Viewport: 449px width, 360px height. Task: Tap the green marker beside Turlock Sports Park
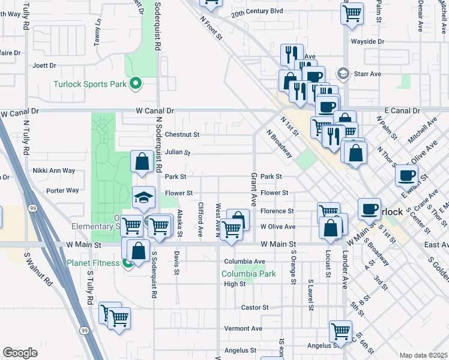click(136, 84)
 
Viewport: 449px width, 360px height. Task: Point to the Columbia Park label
click(249, 274)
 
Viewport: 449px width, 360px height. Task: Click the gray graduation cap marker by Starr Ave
click(343, 74)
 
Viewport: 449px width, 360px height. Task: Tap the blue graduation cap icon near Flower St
click(144, 196)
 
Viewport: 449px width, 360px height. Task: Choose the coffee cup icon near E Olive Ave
click(406, 175)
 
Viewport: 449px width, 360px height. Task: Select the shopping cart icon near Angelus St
click(340, 331)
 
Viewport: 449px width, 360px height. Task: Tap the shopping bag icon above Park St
click(142, 161)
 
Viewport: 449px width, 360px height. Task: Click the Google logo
click(20, 352)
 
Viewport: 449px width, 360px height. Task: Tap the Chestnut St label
click(182, 134)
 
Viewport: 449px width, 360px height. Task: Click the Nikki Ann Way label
click(54, 170)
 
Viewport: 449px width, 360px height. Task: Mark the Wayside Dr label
click(368, 41)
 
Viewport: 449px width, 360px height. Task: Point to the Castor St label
click(255, 307)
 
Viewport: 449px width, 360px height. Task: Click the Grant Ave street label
click(254, 188)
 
